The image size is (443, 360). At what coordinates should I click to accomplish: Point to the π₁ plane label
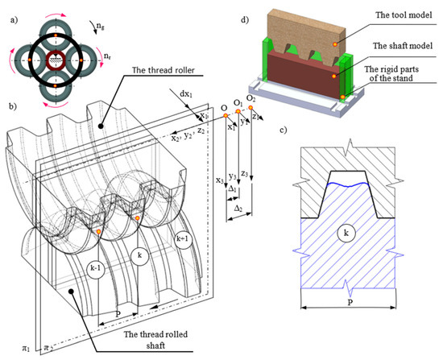(10, 348)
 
